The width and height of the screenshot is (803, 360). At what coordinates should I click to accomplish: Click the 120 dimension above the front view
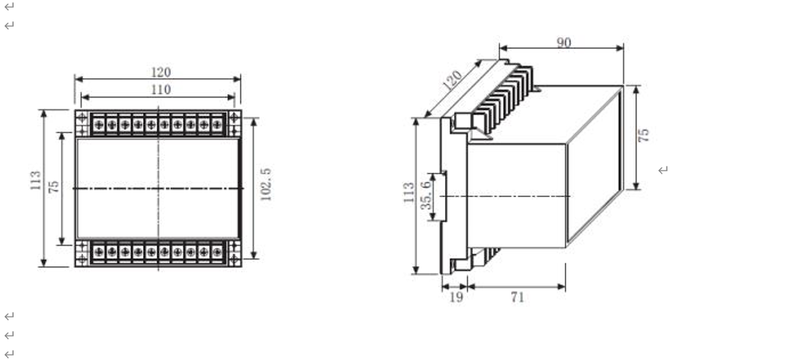coord(160,72)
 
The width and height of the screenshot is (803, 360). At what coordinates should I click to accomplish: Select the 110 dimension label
coord(160,90)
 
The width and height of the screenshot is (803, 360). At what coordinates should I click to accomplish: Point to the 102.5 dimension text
coord(266,185)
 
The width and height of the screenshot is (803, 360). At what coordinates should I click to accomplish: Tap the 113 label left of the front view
coord(36,180)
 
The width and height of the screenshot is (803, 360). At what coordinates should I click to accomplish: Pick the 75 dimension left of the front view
coord(54,186)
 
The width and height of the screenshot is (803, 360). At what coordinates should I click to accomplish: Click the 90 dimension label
coord(563,43)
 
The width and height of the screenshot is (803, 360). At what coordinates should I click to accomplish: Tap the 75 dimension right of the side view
coord(644,135)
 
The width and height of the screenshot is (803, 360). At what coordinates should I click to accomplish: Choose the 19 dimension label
coord(455,297)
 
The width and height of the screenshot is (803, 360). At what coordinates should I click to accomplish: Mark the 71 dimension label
coord(517,297)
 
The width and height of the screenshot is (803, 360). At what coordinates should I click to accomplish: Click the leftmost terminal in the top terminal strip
coord(98,123)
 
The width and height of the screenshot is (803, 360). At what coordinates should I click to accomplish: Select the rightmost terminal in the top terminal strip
coord(217,123)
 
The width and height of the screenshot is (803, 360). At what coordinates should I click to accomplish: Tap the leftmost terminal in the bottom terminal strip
coord(98,250)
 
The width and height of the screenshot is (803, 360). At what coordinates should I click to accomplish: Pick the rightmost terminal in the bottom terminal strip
coord(217,250)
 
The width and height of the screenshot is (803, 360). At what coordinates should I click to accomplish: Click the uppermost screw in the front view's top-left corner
coord(81,116)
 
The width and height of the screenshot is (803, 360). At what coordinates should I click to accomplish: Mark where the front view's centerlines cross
coord(158,187)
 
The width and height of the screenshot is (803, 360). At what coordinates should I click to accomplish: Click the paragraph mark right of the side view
coord(663,170)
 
